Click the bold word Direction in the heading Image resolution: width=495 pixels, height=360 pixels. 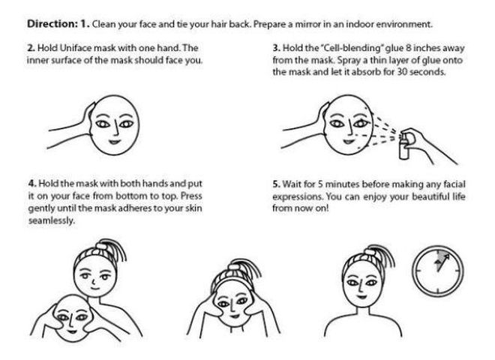pos(51,24)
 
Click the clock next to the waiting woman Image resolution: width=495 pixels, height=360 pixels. pos(438,271)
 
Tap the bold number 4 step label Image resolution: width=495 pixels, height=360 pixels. pos(32,184)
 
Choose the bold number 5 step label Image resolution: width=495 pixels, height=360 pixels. pos(276,184)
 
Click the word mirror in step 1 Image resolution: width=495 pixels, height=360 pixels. pos(308,24)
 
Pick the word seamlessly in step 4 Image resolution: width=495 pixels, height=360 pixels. pos(52,220)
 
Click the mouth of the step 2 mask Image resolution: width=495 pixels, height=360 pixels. pos(114,142)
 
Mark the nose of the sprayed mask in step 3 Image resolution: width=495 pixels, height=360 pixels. pos(349,126)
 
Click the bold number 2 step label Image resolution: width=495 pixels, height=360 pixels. pos(31,48)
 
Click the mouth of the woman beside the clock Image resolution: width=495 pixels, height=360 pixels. pos(361,297)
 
